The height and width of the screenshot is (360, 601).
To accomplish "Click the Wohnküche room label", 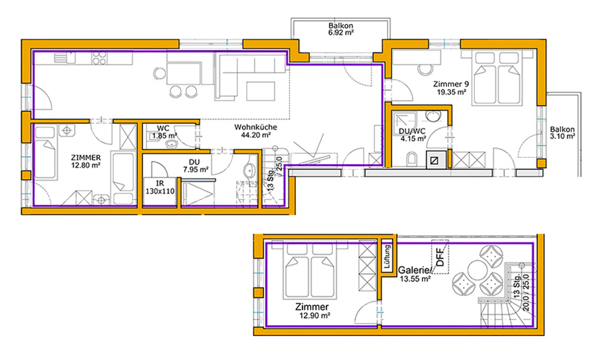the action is point(256,127).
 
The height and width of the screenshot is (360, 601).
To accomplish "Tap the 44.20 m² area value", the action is point(256,135).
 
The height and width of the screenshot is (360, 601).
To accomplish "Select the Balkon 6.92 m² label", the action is point(341,29).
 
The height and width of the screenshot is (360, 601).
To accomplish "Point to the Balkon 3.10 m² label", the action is point(562,133).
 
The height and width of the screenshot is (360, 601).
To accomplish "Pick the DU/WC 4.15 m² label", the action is point(412,135).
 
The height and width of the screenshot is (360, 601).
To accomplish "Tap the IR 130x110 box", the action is point(160,187).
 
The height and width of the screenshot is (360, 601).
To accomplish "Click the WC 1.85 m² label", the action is point(164,132).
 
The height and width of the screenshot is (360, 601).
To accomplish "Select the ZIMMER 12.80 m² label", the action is point(86,161).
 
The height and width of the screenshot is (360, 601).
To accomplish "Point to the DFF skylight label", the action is point(440,256).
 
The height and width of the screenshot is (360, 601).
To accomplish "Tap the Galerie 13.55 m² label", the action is point(415,275).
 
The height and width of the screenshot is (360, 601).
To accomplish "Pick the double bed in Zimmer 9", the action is point(497,78).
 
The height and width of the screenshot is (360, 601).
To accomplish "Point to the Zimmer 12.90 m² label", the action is point(312,311).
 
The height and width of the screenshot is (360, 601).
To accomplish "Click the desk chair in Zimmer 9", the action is point(425,69).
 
